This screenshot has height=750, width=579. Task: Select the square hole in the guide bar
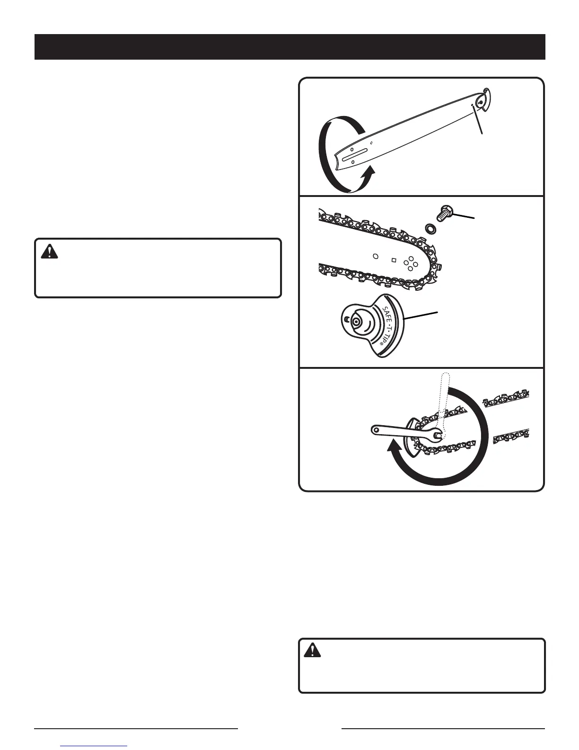pyautogui.click(x=394, y=259)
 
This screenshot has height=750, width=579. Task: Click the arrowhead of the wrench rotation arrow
pyautogui.click(x=395, y=448)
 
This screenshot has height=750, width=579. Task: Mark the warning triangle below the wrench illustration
pyautogui.click(x=312, y=652)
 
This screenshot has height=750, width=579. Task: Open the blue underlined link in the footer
pyautogui.click(x=94, y=746)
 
